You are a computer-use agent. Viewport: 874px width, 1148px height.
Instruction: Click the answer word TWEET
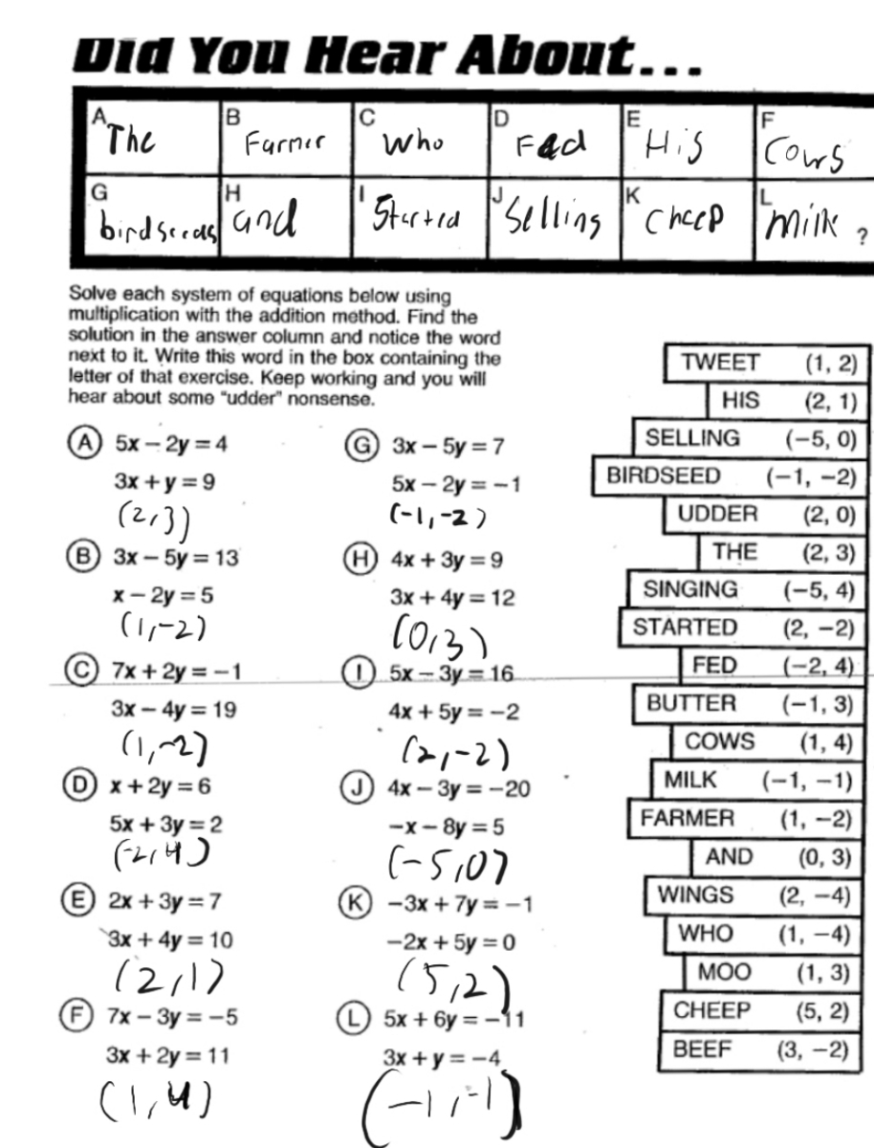point(720,364)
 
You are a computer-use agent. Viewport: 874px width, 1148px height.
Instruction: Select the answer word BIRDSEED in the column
point(664,476)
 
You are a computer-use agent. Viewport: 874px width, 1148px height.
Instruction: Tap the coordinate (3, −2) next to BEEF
point(813,1049)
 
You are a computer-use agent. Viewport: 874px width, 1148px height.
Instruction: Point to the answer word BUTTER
point(691,704)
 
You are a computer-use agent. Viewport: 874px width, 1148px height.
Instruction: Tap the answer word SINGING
point(689,589)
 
